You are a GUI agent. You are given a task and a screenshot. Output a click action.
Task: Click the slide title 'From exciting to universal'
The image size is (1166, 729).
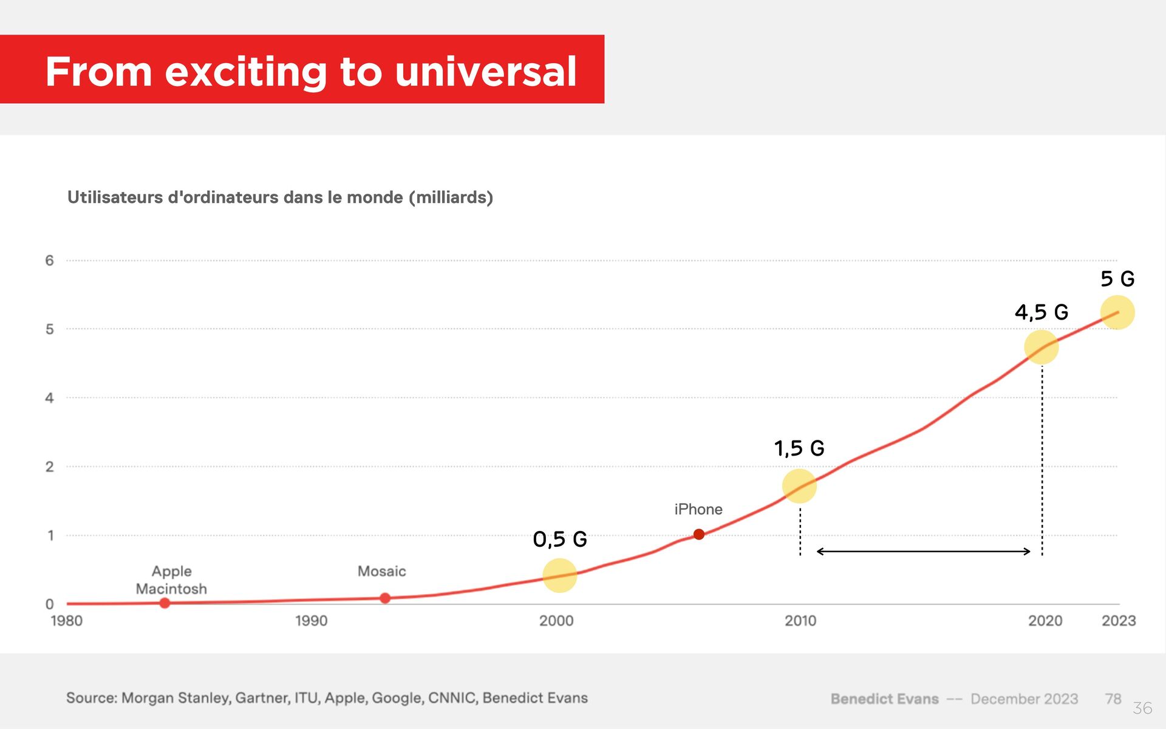tap(310, 71)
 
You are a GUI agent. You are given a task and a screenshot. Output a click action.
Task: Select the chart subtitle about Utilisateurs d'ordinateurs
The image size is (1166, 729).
tap(280, 197)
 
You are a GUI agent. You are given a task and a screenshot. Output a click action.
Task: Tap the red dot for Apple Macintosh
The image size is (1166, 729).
tap(165, 603)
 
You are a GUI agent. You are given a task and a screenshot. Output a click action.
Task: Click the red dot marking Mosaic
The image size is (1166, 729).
tap(385, 598)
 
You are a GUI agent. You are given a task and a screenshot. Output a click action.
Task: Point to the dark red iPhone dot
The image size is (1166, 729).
tap(699, 534)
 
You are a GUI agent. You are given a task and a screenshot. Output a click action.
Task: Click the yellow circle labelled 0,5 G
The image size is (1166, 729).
tap(559, 575)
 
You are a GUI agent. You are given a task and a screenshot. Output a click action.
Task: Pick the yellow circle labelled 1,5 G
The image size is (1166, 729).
tap(799, 486)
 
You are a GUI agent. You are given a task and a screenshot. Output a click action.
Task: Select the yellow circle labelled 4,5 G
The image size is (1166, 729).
tap(1042, 347)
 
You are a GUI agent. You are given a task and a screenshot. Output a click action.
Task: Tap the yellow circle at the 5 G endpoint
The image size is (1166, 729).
tap(1117, 312)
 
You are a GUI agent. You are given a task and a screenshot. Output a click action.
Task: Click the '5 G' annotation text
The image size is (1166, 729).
tap(1117, 279)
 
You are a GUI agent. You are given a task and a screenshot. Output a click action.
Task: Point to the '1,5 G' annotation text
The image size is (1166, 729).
tap(799, 448)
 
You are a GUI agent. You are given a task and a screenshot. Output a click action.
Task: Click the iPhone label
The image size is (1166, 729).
tap(698, 509)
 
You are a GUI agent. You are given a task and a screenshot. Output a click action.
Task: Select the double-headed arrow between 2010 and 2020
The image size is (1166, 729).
tap(923, 552)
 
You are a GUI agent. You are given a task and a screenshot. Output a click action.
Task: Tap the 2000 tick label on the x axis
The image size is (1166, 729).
tap(556, 621)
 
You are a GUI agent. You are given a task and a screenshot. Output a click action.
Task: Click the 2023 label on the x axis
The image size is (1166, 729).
tap(1119, 621)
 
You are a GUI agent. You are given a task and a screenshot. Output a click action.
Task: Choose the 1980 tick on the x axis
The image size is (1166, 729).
tap(66, 621)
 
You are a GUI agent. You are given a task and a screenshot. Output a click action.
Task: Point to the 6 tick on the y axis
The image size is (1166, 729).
tap(49, 261)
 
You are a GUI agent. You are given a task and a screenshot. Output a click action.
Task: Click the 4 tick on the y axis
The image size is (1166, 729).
tap(49, 398)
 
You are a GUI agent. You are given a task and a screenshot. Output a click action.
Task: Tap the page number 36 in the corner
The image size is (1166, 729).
tap(1142, 708)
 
